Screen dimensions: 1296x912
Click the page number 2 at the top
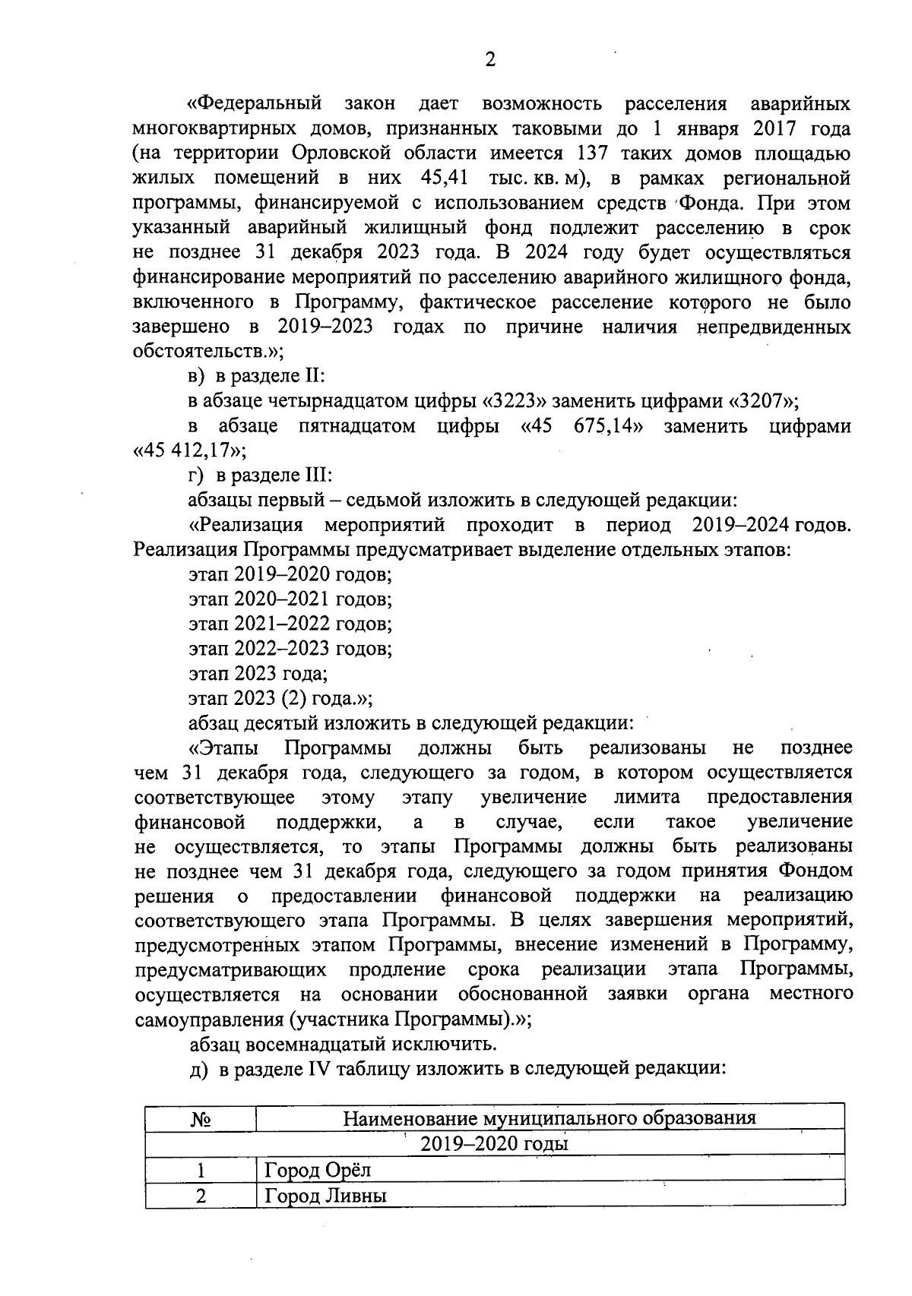pos(489,60)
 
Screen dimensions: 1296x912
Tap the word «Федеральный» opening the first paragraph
pos(255,103)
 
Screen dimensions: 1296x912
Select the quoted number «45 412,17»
pos(188,451)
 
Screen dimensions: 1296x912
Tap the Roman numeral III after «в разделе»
pos(318,476)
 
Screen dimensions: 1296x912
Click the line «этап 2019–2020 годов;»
pos(290,575)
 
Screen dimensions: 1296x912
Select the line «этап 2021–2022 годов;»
pos(290,624)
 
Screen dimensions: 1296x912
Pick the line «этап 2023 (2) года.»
pos(279,698)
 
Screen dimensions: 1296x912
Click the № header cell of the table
pos(200,1120)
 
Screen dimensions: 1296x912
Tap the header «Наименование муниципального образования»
pos(549,1118)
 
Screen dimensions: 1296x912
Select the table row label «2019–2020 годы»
pos(494,1144)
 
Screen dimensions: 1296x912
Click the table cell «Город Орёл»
pos(318,1170)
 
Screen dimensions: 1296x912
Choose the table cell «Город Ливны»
pos(325,1196)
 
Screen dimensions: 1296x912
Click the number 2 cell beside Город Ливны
pos(200,1196)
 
